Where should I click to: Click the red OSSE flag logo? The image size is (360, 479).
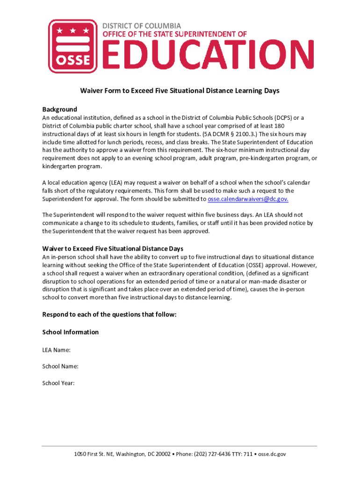point(73,46)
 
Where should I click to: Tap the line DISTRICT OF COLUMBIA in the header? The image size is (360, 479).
point(142,26)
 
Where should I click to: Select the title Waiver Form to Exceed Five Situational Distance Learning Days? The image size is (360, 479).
point(180,91)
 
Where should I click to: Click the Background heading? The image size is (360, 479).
point(59,109)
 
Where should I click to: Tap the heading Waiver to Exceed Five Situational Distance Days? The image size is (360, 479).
point(113,248)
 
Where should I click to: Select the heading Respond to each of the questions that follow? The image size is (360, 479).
point(109,314)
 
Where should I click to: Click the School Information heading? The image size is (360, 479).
point(71,332)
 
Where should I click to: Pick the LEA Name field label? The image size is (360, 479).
point(57,349)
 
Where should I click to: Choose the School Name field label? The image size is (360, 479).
point(60,366)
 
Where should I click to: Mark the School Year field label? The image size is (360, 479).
point(58,383)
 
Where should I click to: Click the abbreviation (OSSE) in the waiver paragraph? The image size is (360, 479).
point(247,265)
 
